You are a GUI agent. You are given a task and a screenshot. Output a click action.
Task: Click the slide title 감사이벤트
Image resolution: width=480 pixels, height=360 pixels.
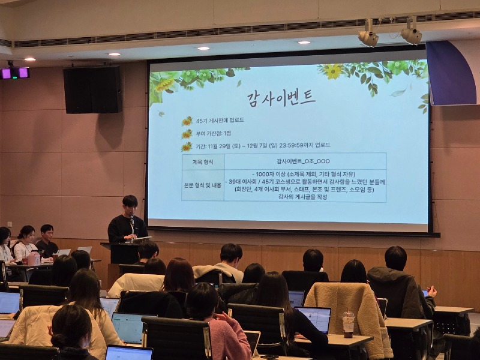[x=281, y=98]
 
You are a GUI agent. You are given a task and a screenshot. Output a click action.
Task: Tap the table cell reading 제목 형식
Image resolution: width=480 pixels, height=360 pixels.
[x=202, y=161]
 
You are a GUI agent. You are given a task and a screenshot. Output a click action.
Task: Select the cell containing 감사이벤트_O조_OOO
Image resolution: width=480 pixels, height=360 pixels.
[x=303, y=161]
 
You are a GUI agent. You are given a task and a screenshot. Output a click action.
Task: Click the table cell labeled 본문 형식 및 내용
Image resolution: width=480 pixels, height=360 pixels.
[x=202, y=185]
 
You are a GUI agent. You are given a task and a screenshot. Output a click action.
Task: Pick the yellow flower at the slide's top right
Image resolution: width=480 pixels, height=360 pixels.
[x=333, y=71]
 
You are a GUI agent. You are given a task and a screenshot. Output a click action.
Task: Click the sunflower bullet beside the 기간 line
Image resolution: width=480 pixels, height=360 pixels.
[x=187, y=146]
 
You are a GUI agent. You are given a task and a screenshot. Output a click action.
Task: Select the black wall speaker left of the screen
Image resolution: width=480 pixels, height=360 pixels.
[x=92, y=89]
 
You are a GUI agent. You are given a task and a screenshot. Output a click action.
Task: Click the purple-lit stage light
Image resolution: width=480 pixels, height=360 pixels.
[x=15, y=73]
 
